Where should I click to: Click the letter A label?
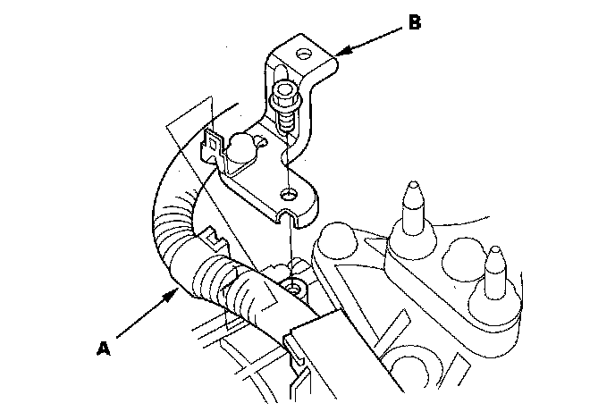coord(104,346)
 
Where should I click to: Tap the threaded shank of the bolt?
coord(287,121)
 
